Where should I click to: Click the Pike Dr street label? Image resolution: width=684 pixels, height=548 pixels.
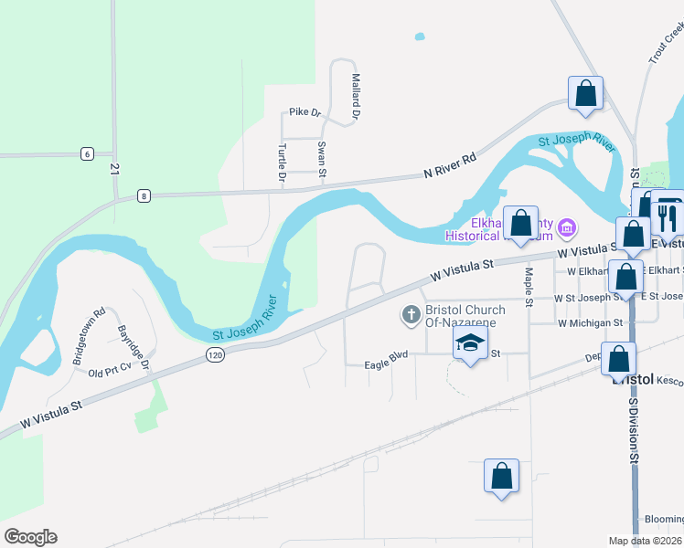[305, 112]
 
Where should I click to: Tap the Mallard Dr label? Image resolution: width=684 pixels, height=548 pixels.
[357, 98]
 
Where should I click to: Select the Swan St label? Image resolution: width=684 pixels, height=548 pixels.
[322, 159]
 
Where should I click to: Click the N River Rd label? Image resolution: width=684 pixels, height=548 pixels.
[450, 165]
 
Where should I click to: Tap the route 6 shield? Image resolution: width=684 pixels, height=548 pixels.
[86, 153]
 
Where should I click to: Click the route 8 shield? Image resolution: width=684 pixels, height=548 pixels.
[144, 195]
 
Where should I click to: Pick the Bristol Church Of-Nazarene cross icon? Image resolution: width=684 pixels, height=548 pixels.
[411, 315]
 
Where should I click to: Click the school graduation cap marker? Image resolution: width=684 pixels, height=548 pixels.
[470, 342]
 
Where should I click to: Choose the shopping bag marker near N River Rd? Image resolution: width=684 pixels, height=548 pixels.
[585, 93]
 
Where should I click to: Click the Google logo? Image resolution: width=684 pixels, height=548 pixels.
[30, 537]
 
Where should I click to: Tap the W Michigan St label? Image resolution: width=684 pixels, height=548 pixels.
[590, 323]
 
